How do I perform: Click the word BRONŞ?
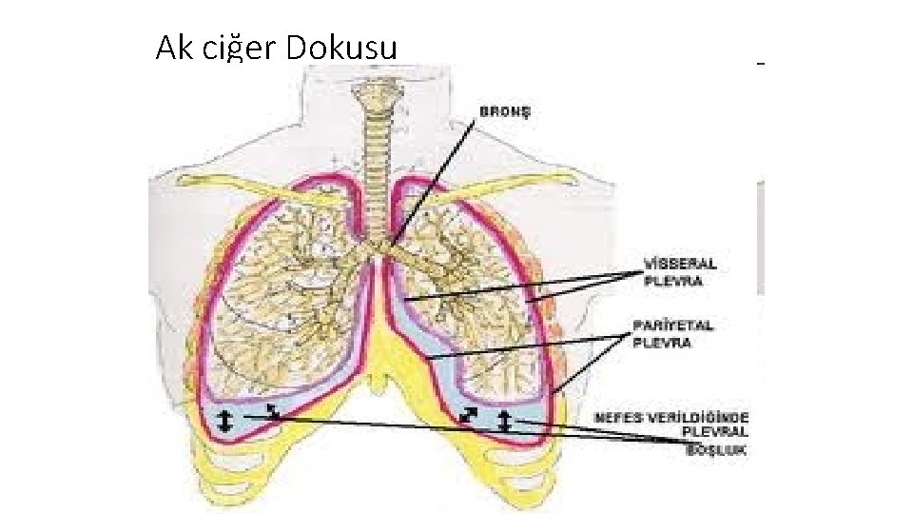click(x=504, y=110)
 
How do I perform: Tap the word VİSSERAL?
click(x=680, y=264)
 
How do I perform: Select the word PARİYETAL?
click(x=673, y=326)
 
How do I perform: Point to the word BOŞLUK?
click(x=717, y=450)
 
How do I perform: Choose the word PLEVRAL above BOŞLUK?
click(x=715, y=434)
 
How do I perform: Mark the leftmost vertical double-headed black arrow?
click(x=224, y=420)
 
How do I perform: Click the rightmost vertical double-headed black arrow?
click(x=504, y=420)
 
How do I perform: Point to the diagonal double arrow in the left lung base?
click(x=273, y=411)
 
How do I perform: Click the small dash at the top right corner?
click(x=760, y=63)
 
